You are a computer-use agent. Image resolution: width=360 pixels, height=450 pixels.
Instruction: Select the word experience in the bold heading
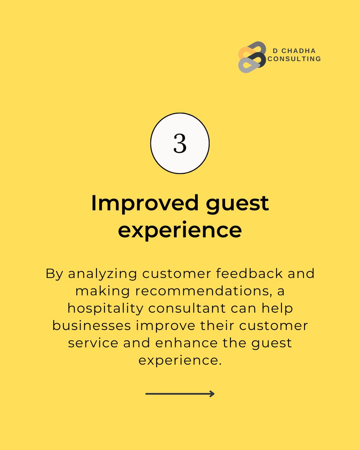tap(180, 230)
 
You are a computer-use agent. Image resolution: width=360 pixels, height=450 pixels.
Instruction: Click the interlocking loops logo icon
tap(252, 57)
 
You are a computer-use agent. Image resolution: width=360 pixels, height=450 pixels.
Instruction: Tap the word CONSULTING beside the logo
tap(294, 59)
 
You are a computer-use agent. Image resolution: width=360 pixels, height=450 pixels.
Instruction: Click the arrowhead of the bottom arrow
tap(212, 394)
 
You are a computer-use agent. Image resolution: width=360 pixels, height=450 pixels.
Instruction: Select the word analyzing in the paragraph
tap(102, 274)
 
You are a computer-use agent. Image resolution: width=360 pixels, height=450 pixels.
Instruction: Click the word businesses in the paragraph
tap(91, 325)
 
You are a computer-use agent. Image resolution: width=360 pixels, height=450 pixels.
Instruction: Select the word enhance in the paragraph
tap(183, 343)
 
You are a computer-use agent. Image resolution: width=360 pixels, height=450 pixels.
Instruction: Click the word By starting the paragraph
tap(54, 274)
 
